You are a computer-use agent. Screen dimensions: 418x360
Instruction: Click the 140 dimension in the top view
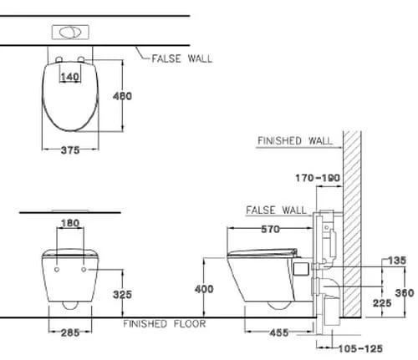[70, 77]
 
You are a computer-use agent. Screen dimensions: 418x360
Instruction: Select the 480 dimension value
[122, 96]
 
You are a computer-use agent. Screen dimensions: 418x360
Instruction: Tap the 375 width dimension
[70, 150]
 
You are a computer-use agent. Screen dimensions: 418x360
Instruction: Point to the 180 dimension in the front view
[70, 223]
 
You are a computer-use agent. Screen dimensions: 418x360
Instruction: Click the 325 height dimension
[122, 295]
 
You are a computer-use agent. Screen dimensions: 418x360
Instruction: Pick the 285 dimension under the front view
[70, 332]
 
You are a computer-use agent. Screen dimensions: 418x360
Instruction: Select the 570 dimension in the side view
[270, 229]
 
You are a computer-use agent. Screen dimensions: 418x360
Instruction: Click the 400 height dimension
[204, 289]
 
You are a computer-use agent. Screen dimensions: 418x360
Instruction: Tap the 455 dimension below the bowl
[279, 332]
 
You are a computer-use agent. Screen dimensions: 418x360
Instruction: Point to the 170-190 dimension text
[318, 178]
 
